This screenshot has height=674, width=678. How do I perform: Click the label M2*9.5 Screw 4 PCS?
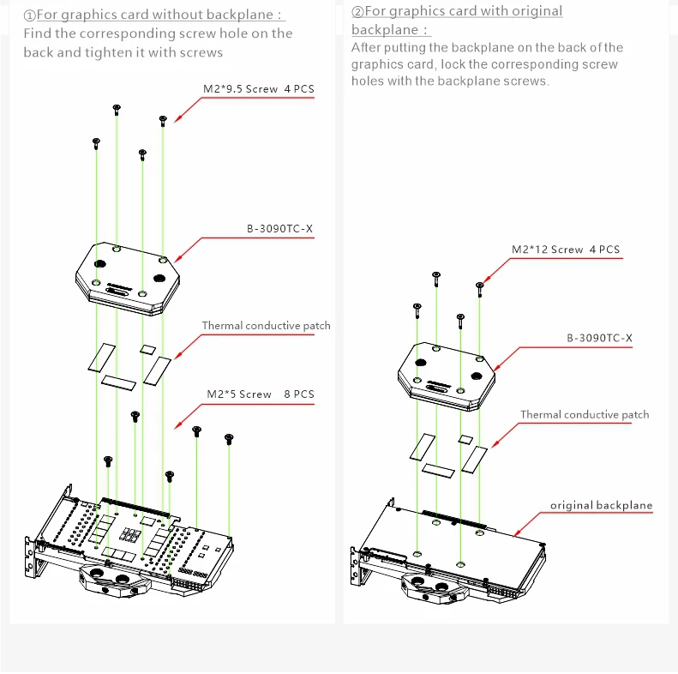point(258,87)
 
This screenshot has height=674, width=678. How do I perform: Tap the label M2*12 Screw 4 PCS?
point(565,250)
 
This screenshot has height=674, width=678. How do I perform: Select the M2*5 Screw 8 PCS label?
point(260,394)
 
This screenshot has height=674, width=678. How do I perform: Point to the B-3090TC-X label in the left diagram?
point(279,229)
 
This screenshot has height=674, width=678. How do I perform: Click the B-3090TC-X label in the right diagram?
point(599,339)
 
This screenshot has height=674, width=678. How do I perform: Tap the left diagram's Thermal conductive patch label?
point(266,326)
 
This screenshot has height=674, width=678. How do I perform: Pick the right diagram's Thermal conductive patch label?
point(585,415)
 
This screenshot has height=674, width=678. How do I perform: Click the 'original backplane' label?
point(601,505)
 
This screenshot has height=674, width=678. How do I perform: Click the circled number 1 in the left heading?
point(29,15)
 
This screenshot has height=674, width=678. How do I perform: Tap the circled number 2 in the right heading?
point(358,11)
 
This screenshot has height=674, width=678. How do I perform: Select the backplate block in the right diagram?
point(446,376)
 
